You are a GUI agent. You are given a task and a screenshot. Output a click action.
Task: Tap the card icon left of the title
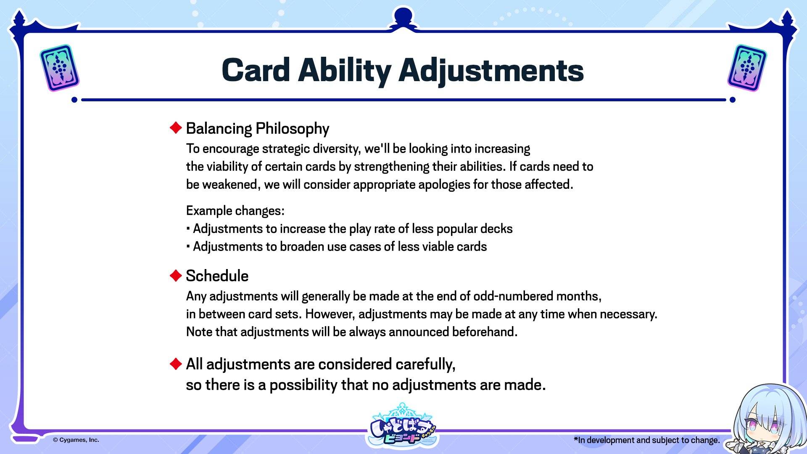59,68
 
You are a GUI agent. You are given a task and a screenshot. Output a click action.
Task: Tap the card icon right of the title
747,68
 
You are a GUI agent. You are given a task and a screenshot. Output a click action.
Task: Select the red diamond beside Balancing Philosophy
175,127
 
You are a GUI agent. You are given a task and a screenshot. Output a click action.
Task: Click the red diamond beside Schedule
175,275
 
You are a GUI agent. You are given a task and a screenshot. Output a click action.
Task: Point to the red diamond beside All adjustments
175,364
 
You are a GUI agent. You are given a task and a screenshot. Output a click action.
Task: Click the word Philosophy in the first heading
293,129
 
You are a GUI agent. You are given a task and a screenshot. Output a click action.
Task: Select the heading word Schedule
217,276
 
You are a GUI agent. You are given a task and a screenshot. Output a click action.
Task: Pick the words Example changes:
235,211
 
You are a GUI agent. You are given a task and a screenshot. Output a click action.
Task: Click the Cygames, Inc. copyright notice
76,440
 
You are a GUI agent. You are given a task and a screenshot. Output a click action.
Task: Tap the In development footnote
647,440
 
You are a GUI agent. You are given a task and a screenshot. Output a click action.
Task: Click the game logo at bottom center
403,427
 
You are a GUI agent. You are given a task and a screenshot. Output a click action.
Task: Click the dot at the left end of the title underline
74,100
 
